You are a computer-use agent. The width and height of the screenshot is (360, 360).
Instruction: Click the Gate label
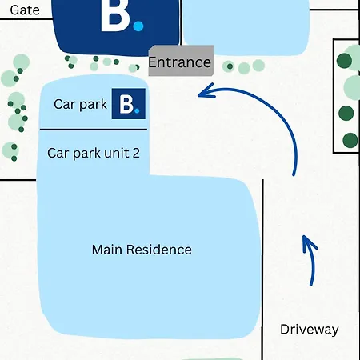25,10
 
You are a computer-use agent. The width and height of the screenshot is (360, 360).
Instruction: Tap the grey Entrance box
181,61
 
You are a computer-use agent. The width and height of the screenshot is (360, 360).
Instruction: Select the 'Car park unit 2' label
94,153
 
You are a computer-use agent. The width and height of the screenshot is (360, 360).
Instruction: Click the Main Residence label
142,250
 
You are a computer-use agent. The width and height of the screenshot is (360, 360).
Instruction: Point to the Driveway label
310,330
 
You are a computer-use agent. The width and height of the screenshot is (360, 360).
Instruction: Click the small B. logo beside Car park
129,104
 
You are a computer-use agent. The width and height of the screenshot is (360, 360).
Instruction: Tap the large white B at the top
115,15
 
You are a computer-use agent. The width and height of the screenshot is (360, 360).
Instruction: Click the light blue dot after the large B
138,26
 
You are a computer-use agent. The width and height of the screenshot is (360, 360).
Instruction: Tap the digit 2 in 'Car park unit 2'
136,153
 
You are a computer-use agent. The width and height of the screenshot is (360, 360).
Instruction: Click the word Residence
159,250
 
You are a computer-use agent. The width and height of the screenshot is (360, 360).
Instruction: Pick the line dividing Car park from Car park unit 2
94,130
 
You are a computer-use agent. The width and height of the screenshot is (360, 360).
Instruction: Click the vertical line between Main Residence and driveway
262,270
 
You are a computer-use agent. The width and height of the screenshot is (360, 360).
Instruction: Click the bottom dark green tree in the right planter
350,140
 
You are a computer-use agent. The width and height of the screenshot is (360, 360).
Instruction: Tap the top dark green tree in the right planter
344,61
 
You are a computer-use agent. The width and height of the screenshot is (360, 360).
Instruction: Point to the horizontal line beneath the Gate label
26,19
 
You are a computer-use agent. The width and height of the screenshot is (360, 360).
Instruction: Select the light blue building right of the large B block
246,26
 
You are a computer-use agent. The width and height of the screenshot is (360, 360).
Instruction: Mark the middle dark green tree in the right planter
346,113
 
